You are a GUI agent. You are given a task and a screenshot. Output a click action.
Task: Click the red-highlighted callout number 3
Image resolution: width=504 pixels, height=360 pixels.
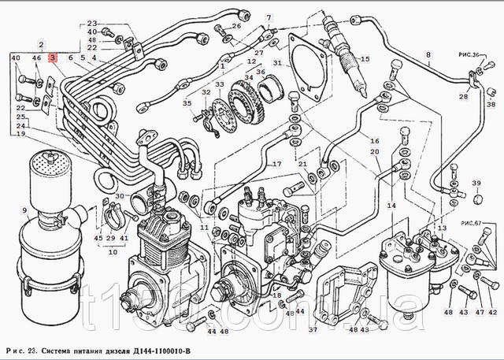tap(53, 58)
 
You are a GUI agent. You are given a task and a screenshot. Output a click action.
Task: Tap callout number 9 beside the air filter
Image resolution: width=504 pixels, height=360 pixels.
tap(24, 210)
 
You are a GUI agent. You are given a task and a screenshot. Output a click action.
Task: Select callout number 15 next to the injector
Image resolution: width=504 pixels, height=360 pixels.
tap(365, 59)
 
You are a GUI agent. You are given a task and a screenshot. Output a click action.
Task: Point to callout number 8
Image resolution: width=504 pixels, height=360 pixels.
tap(429, 55)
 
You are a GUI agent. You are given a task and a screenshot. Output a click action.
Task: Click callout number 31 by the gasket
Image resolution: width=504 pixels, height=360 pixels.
tap(277, 63)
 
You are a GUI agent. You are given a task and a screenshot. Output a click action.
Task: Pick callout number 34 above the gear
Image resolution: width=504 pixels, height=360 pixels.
tap(250, 77)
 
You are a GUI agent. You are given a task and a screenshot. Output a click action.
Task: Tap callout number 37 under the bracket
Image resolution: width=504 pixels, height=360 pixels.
tap(313, 329)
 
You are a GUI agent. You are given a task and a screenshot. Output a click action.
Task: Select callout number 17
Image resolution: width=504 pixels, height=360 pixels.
tap(277, 164)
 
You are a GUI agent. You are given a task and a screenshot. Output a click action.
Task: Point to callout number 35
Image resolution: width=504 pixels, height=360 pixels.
tap(187, 104)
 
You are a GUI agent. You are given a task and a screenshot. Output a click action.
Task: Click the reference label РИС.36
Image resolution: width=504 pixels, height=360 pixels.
tap(471, 54)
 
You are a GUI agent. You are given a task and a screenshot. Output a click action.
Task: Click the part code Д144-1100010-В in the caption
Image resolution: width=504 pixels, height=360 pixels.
tap(156, 351)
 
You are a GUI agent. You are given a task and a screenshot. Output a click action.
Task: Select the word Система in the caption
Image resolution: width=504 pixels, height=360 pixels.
tap(59, 351)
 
